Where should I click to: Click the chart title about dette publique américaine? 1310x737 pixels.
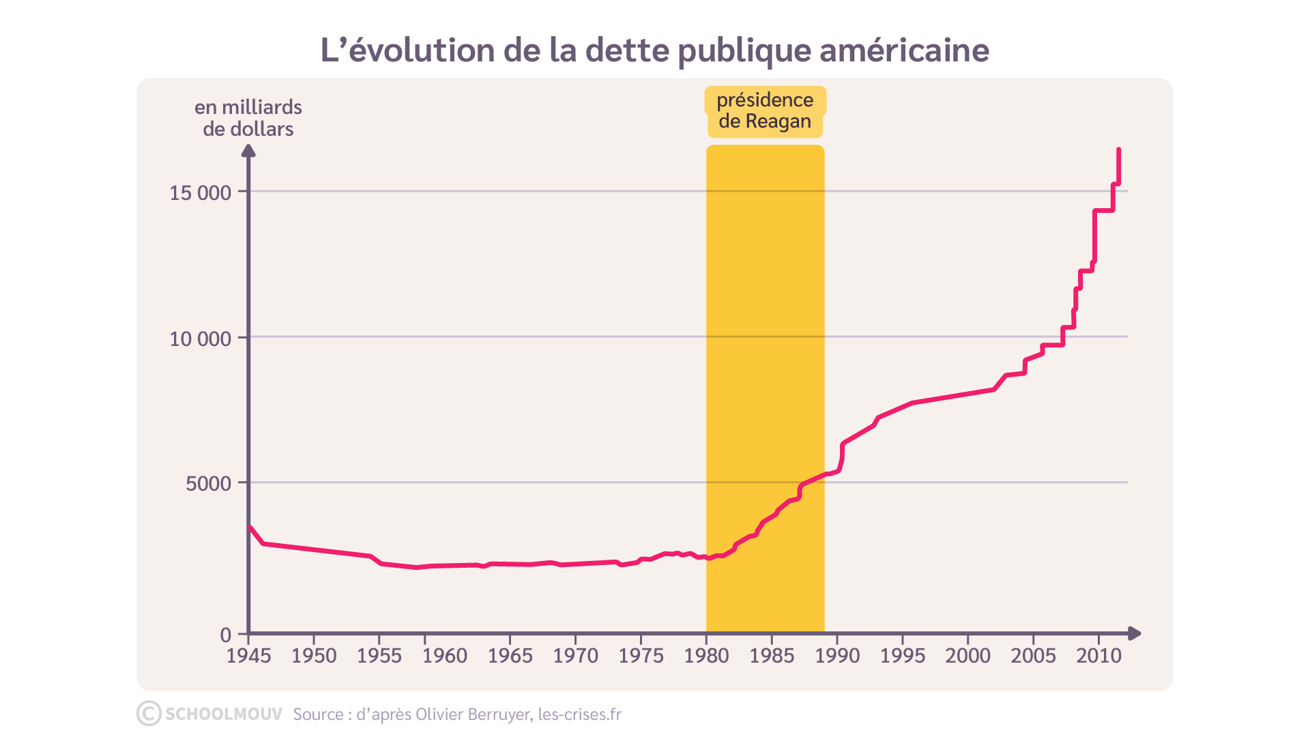click(655, 50)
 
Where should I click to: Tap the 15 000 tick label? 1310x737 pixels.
click(200, 192)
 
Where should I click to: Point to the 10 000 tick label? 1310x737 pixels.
click(200, 338)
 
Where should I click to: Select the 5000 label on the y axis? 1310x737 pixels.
click(208, 484)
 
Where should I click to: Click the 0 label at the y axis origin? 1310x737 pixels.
click(226, 635)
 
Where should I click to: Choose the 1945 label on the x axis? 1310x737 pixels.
click(248, 656)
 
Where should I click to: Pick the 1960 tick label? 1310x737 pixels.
click(445, 656)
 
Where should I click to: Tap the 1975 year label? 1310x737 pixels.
click(641, 656)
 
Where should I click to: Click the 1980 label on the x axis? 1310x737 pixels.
click(706, 656)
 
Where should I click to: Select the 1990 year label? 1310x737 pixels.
click(837, 656)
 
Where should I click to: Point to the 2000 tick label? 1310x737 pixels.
click(967, 656)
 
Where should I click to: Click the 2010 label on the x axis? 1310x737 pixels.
click(1098, 656)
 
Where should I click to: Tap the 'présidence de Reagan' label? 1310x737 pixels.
click(765, 111)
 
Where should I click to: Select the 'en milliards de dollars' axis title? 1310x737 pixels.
click(248, 118)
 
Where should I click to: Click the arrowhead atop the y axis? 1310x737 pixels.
click(248, 150)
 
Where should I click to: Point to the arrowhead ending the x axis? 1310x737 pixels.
click(1135, 633)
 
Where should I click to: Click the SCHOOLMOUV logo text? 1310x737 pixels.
click(223, 714)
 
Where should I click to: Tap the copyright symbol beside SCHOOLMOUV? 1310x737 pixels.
click(149, 714)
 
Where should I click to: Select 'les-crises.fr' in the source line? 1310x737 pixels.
click(579, 714)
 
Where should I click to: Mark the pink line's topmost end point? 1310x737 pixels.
click(1119, 149)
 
